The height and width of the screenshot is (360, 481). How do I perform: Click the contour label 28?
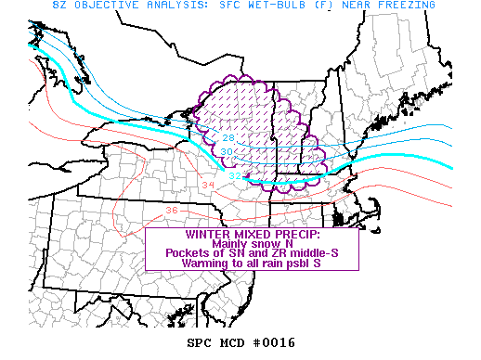click(x=229, y=137)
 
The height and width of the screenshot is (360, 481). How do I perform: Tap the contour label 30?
click(x=227, y=152)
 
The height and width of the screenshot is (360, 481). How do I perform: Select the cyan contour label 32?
click(x=235, y=175)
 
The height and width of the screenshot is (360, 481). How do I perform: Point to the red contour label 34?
click(x=206, y=186)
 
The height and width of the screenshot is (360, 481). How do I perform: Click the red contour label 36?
click(x=171, y=210)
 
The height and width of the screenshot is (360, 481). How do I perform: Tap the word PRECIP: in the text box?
click(x=292, y=235)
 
